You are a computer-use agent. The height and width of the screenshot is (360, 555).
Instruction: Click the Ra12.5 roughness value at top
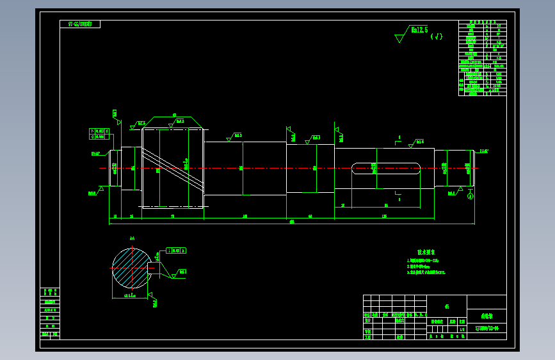click(419, 30)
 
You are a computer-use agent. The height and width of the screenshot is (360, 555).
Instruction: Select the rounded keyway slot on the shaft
click(386, 168)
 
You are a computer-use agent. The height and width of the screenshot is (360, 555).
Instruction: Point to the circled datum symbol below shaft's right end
click(471, 197)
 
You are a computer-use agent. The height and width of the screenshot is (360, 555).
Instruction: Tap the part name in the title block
click(486, 316)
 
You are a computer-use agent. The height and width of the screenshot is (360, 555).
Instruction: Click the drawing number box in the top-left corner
click(80, 24)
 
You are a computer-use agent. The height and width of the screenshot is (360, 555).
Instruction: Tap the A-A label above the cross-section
click(132, 239)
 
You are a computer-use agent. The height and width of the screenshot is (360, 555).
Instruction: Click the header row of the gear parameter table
click(482, 22)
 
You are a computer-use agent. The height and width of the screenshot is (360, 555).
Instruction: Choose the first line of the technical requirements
click(423, 261)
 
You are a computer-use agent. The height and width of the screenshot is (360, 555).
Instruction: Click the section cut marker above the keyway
click(399, 138)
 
